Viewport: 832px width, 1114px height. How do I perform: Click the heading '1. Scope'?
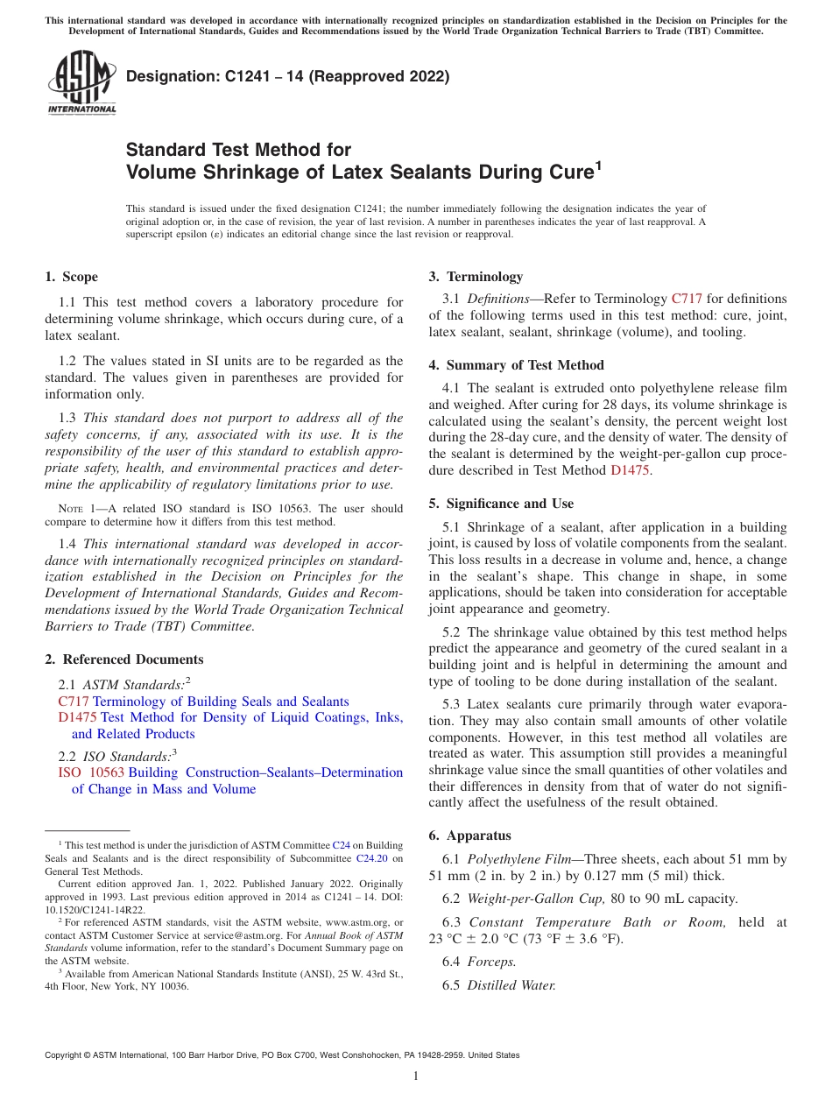tap(71, 277)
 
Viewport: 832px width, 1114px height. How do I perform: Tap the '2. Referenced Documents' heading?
tap(123, 659)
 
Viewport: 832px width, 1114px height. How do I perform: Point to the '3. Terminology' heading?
tap(476, 277)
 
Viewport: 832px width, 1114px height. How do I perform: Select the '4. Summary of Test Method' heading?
tap(516, 365)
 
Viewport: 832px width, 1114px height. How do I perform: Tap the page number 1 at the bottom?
tap(416, 1076)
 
